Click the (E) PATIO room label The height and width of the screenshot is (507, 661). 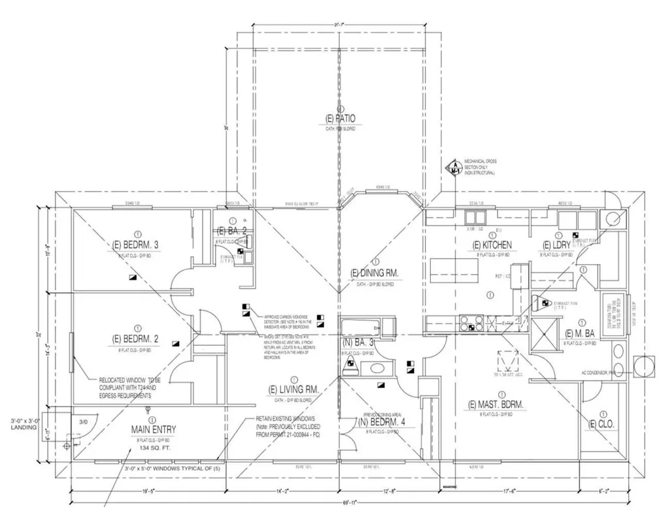[340, 118]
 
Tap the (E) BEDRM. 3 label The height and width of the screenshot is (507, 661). [137, 245]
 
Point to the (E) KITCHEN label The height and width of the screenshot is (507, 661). [492, 245]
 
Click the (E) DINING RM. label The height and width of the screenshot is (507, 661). [375, 272]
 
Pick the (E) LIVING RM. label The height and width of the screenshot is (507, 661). [294, 390]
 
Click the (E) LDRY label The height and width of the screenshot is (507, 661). [557, 245]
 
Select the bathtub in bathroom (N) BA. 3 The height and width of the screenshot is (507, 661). [361, 326]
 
